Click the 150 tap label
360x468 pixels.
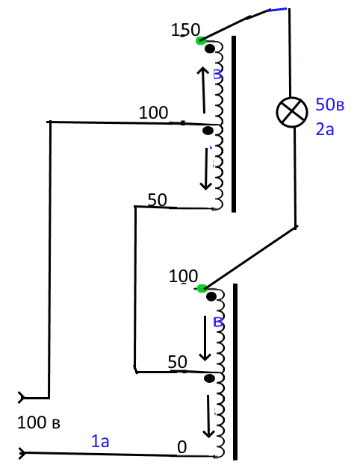coord(185,30)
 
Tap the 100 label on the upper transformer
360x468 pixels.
coord(154,113)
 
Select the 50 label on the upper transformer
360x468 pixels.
coord(158,200)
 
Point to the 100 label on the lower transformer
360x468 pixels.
coord(183,276)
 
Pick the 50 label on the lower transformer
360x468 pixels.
coord(178,362)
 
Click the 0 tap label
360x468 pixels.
coord(182,447)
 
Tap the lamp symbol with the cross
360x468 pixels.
coord(292,112)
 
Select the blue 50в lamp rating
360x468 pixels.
coord(330,104)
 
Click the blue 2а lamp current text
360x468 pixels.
coord(325,129)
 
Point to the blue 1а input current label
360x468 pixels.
coord(100,441)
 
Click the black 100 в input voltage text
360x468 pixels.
coord(39,422)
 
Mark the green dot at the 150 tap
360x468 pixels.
coord(201,40)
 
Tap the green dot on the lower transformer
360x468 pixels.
coord(202,288)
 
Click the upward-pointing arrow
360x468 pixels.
coord(203,90)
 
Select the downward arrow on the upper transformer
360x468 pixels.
coord(206,169)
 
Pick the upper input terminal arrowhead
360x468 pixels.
coord(22,398)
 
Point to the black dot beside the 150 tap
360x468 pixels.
coord(210,49)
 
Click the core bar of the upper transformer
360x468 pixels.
coord(234,124)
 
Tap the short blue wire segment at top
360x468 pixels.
coord(277,10)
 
